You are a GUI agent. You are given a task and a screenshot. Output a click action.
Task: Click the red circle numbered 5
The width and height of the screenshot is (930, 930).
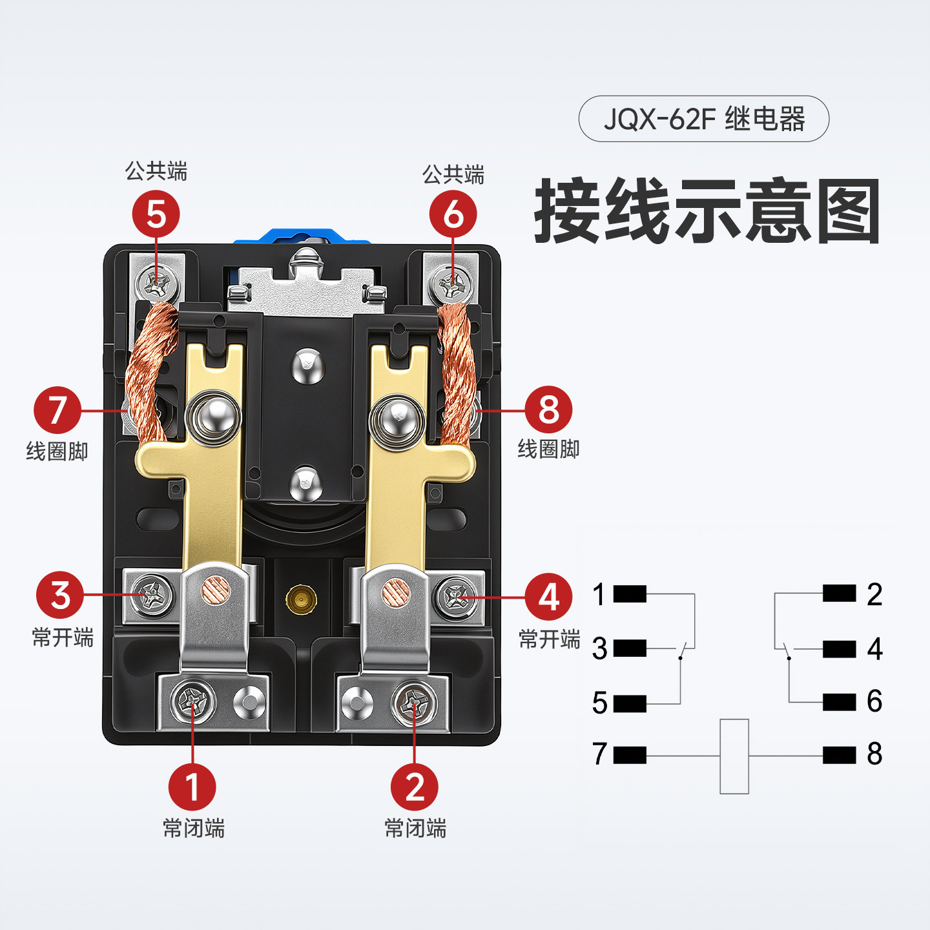(x=156, y=214)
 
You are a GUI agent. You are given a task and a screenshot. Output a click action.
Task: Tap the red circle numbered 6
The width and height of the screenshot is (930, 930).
(x=453, y=214)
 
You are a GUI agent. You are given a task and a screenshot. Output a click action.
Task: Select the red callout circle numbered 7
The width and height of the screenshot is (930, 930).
(x=58, y=410)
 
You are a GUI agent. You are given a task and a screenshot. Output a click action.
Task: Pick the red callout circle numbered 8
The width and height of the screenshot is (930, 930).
(x=548, y=409)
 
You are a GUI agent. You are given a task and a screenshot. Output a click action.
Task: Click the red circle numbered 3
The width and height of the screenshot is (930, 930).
(x=60, y=595)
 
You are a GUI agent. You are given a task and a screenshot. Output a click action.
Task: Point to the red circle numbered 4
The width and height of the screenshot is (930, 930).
(x=548, y=597)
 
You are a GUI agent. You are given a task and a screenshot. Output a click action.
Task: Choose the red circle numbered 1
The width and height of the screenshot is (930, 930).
(x=192, y=787)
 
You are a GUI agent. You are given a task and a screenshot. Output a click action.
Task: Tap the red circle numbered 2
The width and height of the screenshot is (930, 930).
(x=415, y=787)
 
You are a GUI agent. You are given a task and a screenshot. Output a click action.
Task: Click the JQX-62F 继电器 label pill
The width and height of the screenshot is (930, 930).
(x=703, y=119)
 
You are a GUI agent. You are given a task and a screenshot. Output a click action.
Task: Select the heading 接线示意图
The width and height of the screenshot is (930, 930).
(x=707, y=211)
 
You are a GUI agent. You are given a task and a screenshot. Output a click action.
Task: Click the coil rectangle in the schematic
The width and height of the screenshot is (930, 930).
(x=734, y=756)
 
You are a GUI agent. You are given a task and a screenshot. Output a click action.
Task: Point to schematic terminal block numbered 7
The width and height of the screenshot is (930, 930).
(x=630, y=755)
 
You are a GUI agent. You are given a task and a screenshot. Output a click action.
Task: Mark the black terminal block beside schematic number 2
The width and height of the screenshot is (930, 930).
(x=840, y=594)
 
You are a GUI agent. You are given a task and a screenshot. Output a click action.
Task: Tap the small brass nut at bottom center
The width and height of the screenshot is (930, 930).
(x=301, y=599)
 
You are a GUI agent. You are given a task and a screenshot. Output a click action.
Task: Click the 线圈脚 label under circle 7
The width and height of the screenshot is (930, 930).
(x=57, y=451)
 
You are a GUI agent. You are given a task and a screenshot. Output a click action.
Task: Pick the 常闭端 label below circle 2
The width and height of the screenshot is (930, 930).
(x=415, y=828)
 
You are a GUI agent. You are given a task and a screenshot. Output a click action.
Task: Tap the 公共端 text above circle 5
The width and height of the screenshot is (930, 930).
(x=156, y=171)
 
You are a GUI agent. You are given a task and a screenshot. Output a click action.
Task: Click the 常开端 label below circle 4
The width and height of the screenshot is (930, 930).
(x=550, y=639)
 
